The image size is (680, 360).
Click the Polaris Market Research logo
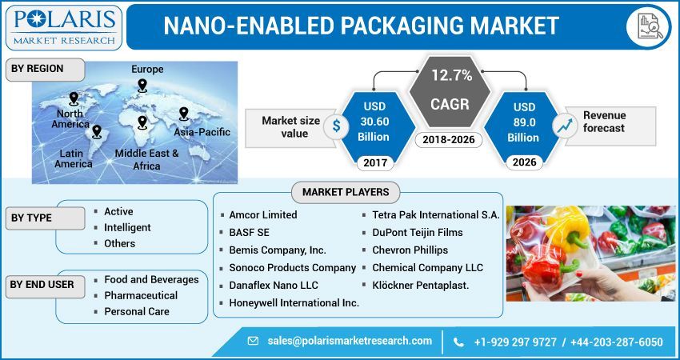coord(63,26)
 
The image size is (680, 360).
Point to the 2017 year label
coord(375,164)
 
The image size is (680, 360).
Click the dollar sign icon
coord(337,126)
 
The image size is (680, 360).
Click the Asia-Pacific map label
coord(202,132)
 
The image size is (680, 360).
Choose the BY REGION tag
coord(37,69)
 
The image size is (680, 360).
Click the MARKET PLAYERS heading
coord(346,192)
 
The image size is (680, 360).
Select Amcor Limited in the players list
coord(262,214)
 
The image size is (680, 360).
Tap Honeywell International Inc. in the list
coord(294,302)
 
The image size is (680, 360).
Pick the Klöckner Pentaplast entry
coord(420,285)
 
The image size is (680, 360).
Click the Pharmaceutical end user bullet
coord(141,295)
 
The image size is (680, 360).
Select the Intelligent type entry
coord(127,227)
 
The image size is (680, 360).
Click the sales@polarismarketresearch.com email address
coord(350,341)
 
